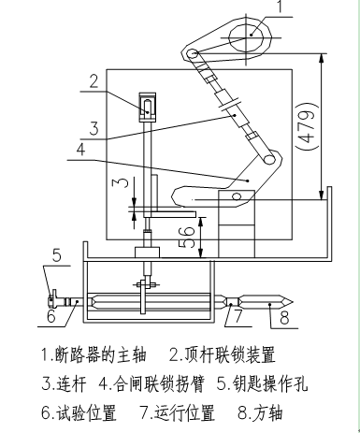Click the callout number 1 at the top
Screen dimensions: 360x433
[x=280, y=7]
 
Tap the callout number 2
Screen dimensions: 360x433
[x=94, y=80]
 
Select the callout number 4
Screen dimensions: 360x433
[x=80, y=150]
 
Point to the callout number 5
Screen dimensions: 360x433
[x=56, y=255]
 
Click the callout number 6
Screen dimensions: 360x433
[x=51, y=316]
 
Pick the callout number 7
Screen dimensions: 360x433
[x=238, y=316]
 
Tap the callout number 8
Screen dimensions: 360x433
[x=284, y=318]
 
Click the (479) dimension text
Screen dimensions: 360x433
[x=307, y=126]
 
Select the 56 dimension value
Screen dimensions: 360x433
[x=187, y=237]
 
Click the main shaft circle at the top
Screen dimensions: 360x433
[x=247, y=38]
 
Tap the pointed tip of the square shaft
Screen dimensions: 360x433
[x=293, y=302]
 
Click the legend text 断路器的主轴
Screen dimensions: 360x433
[x=100, y=355]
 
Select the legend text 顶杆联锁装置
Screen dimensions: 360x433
[x=230, y=355]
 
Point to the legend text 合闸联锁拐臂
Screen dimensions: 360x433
[x=159, y=383]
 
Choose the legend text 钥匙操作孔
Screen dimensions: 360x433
[x=270, y=383]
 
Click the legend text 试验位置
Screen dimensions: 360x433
[x=86, y=412]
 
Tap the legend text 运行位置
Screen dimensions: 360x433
[x=184, y=412]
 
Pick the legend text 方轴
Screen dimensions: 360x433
[x=268, y=412]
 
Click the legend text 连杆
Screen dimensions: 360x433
[x=70, y=383]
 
